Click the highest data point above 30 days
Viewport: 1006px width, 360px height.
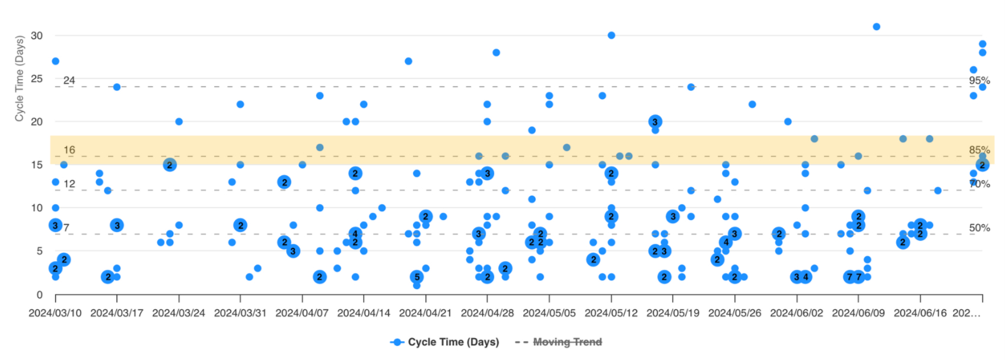(x=876, y=27)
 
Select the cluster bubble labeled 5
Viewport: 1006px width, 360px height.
(x=417, y=277)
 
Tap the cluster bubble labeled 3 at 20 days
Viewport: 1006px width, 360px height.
(x=655, y=122)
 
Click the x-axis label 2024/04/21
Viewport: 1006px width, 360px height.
(x=425, y=313)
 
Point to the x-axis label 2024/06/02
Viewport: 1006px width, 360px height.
(x=796, y=313)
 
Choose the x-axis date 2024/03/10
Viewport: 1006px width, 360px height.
(x=55, y=313)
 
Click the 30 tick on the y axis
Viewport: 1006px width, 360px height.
(x=37, y=36)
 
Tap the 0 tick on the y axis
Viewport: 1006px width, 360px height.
(x=40, y=295)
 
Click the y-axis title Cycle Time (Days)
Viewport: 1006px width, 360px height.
(x=20, y=78)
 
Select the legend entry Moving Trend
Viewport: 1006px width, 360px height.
(x=567, y=342)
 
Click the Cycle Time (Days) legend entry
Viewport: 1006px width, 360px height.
(x=453, y=342)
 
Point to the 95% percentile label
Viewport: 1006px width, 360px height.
(x=979, y=80)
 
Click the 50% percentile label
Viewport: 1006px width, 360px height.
(x=979, y=228)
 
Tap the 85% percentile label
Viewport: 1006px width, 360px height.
(x=979, y=150)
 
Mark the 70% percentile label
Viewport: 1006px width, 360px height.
(x=979, y=184)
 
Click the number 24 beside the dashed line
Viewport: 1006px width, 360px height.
(x=69, y=80)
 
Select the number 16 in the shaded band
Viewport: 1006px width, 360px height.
(x=69, y=150)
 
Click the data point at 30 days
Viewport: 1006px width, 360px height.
(x=611, y=36)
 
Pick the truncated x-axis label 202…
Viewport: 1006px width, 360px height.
(x=966, y=313)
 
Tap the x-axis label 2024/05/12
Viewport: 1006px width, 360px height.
(x=611, y=313)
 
